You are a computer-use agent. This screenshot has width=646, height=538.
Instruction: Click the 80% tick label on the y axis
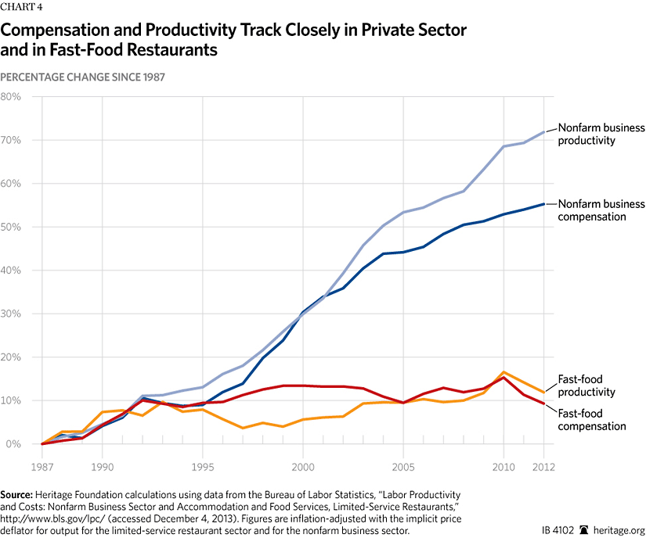tap(11, 97)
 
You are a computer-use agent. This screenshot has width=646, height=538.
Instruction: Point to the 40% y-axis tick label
tap(11, 271)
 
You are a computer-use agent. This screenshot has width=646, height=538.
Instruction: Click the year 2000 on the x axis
tap(302, 467)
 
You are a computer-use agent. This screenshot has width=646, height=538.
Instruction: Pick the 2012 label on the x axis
tap(544, 467)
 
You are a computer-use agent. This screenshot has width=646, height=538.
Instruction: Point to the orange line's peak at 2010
tap(503, 372)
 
